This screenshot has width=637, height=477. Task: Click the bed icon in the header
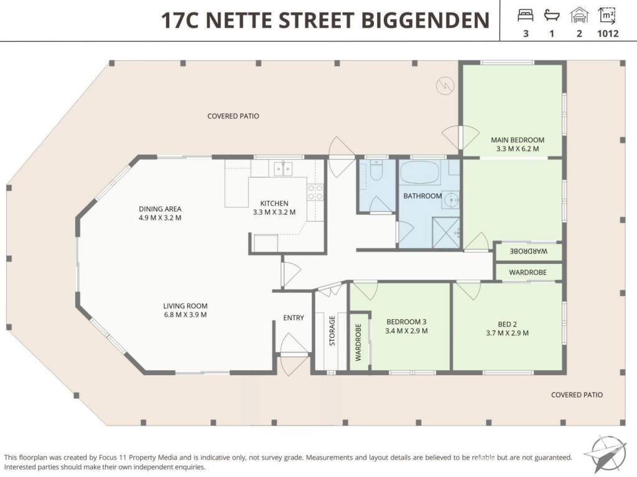tap(525, 16)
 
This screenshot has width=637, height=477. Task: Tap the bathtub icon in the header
tap(552, 16)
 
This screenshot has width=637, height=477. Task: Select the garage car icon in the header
tap(579, 16)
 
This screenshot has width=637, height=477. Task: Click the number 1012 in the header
tap(608, 34)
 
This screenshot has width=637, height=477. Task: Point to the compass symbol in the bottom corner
tap(605, 454)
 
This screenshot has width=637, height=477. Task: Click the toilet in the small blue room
tap(376, 170)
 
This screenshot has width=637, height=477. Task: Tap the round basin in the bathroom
tap(451, 199)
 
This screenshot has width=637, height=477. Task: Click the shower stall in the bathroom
tap(445, 232)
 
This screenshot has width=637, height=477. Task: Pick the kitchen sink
tap(283, 169)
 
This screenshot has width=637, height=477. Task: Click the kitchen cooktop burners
tap(315, 192)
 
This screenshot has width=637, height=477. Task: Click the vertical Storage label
tap(332, 331)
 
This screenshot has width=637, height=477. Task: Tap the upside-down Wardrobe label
tap(529, 251)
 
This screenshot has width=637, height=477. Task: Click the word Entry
tap(294, 318)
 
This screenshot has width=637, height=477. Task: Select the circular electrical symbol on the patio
tap(445, 86)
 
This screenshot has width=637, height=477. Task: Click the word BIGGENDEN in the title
tap(425, 20)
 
